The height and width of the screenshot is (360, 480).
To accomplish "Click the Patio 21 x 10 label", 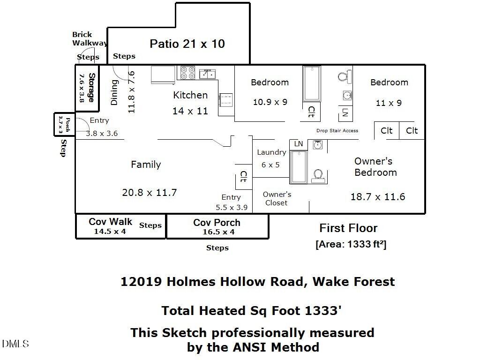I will coord(187,44).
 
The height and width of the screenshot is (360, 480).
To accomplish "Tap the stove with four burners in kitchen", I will coord(188,73).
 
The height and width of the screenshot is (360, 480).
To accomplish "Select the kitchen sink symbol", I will coord(207,74).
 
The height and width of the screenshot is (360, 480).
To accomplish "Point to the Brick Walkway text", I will coord(89,38).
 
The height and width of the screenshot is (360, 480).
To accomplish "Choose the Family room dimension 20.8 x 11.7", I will coord(150,193).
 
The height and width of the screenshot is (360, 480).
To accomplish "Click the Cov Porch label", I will coord(217,223).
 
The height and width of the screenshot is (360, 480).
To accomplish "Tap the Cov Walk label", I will coord(111,222).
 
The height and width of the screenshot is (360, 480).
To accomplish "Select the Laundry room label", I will coord(271,152).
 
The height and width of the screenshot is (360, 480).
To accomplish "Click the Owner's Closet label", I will coord(277,198).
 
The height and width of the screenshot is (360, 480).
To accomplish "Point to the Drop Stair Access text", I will coord(337,131).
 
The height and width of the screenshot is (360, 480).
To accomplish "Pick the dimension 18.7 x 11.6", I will coord(378,197).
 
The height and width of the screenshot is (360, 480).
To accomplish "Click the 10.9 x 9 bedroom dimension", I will coord(270,102).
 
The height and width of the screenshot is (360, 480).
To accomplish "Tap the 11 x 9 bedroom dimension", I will coord(389,103).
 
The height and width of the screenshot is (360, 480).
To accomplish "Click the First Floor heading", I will coord(348,228).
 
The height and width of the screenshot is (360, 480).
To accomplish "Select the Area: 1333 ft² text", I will coord(351,244).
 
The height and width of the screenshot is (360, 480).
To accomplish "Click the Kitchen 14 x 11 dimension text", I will coord(190,112).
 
